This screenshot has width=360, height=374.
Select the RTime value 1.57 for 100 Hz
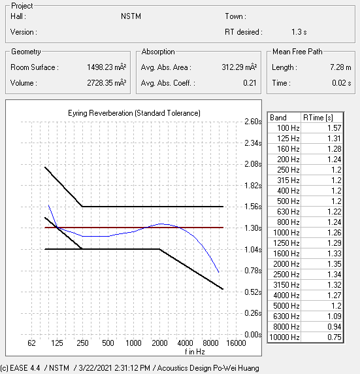(335, 128)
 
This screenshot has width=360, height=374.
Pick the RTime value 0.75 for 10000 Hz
(335, 337)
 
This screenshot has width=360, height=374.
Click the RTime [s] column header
(318, 118)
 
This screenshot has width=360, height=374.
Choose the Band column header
(278, 118)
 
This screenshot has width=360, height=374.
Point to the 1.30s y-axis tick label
(253, 228)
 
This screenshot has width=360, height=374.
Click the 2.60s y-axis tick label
(253, 122)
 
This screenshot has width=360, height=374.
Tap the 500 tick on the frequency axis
(108, 343)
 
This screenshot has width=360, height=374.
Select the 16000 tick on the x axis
(236, 343)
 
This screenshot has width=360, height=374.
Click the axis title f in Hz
(195, 352)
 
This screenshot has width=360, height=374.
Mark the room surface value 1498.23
(100, 67)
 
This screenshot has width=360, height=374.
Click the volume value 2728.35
(100, 83)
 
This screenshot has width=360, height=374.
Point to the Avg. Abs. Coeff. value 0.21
(250, 83)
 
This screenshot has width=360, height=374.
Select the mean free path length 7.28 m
(340, 67)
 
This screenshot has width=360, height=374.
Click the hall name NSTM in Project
(131, 16)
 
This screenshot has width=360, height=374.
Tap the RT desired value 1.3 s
(299, 32)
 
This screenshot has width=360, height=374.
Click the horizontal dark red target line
(134, 228)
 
